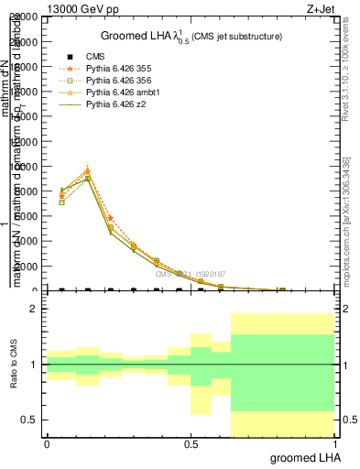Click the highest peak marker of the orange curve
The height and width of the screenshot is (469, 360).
coord(87,169)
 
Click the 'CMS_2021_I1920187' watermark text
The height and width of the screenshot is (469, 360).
coord(190,274)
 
